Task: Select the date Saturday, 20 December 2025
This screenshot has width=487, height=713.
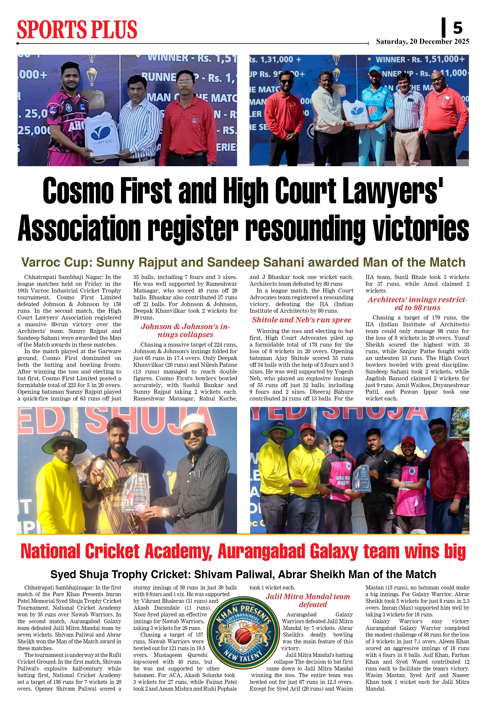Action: point(423,41)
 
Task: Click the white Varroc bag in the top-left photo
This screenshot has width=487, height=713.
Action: point(102,135)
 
